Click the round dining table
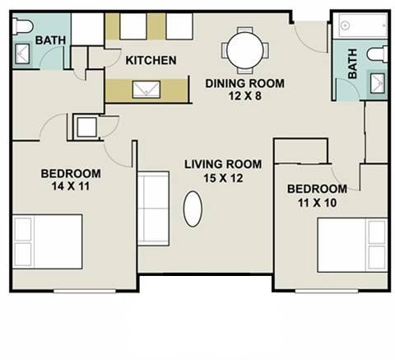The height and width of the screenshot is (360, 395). click(x=245, y=50)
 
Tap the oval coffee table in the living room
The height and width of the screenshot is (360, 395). click(x=193, y=208)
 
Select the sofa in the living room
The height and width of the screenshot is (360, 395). click(x=153, y=208)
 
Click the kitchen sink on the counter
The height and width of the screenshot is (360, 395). click(x=146, y=90)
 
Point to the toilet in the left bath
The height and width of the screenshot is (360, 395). click(x=22, y=26)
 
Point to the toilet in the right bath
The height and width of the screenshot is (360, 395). click(x=377, y=54)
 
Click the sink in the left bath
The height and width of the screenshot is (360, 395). click(x=22, y=54)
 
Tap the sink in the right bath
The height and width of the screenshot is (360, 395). click(x=378, y=82)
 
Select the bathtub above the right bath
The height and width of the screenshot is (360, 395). click(x=363, y=26)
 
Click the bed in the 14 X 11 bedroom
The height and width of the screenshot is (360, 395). click(x=48, y=241)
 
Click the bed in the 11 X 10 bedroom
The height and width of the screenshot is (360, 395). click(x=352, y=245)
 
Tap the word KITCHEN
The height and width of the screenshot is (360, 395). click(x=151, y=60)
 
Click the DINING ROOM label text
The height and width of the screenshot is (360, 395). click(x=244, y=83)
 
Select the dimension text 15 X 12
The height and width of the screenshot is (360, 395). click(x=223, y=178)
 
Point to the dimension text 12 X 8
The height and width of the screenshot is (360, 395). click(x=244, y=96)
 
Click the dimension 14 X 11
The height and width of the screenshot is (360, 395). click(x=71, y=186)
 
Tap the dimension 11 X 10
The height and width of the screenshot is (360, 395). click(x=317, y=203)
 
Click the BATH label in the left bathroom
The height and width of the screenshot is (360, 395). click(x=50, y=40)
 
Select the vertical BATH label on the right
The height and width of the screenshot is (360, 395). click(x=353, y=63)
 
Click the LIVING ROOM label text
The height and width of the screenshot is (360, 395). click(x=223, y=165)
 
